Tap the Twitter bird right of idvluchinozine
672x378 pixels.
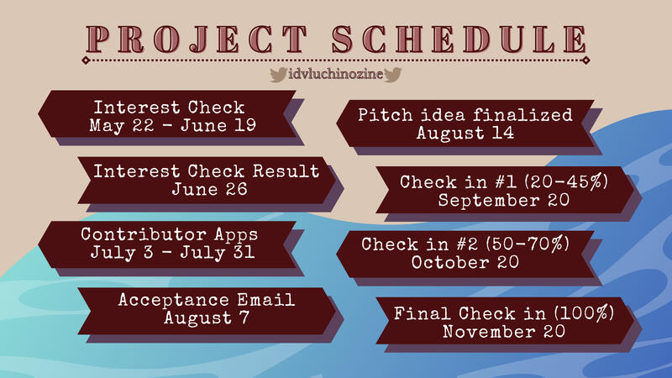coord(392,76)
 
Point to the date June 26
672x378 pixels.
coord(206,189)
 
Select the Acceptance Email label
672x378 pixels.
coord(207,299)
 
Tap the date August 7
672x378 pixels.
coord(207,318)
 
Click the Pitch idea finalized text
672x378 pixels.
coord(465,114)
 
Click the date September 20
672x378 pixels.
coord(503,200)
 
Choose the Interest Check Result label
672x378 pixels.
coord(206,171)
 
